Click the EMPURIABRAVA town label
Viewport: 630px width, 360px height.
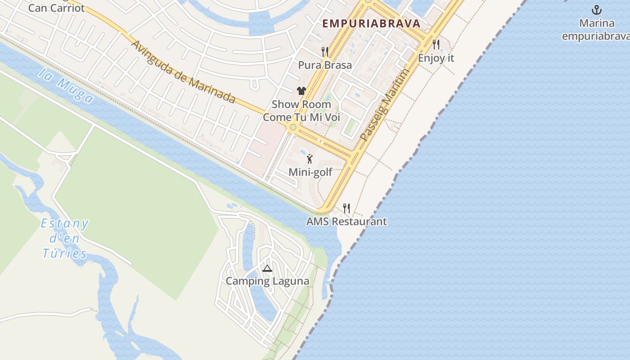point(371,23)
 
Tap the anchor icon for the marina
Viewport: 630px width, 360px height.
point(596,10)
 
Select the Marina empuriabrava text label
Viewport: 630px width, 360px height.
point(596,30)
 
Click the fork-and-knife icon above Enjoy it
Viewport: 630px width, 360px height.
point(436,45)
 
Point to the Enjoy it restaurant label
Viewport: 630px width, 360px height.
point(436,58)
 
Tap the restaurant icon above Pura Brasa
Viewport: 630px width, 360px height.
point(325,52)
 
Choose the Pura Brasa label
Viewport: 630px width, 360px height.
point(325,65)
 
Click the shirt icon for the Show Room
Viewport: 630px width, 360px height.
point(301,91)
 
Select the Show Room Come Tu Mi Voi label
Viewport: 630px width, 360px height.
point(301,111)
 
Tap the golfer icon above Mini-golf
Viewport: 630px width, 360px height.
point(310,158)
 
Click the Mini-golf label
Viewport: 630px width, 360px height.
point(310,172)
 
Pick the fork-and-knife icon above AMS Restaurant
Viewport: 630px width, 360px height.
point(346,208)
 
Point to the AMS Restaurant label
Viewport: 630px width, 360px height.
point(346,221)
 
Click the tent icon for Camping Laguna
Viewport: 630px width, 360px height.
point(267,269)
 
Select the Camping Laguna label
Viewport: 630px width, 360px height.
point(267,281)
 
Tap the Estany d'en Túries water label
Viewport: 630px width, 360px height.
point(65,238)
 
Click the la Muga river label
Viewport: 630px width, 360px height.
point(66,86)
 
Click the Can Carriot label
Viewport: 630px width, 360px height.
point(56,8)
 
